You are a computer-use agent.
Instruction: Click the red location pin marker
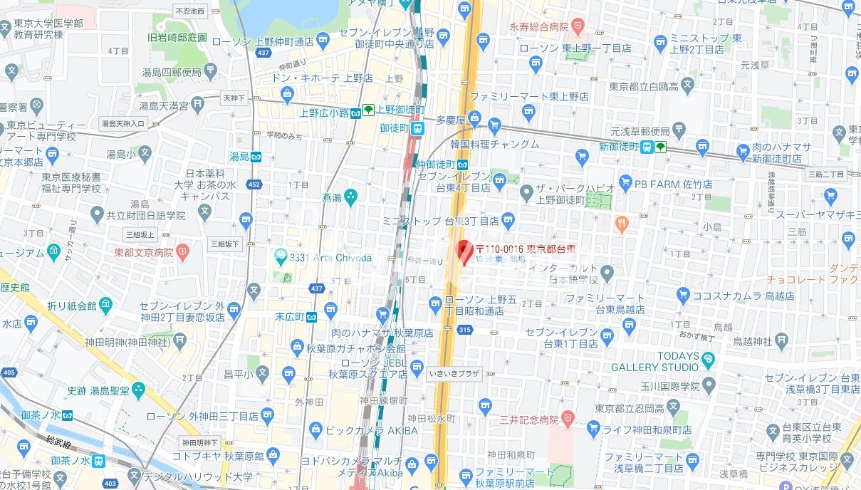click(x=464, y=252)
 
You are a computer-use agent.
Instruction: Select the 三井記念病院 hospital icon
click(x=568, y=418)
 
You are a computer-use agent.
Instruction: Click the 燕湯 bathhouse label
click(x=331, y=197)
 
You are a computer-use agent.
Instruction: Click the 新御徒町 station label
click(x=618, y=147)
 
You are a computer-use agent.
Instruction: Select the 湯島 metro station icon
click(x=255, y=157)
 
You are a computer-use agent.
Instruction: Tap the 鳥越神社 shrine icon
click(x=781, y=340)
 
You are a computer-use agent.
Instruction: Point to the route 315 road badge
click(x=465, y=329)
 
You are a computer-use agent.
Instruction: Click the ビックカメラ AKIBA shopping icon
click(x=315, y=429)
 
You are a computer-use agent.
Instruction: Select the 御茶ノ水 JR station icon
click(x=98, y=461)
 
